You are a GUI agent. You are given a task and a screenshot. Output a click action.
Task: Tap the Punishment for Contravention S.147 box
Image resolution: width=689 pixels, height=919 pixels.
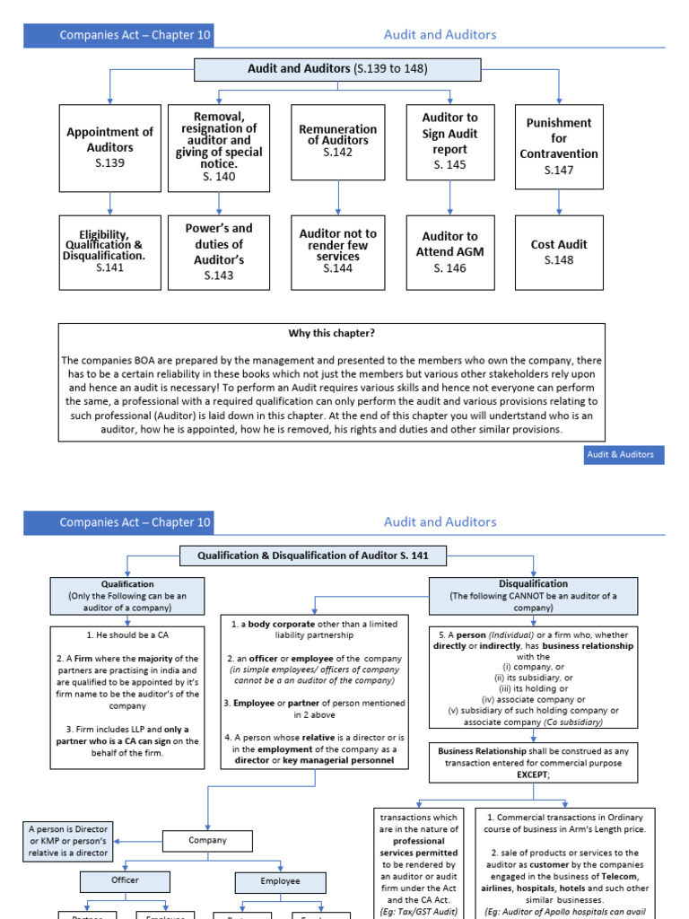[559, 146]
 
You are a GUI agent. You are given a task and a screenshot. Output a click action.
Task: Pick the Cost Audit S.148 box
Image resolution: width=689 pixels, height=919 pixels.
[559, 252]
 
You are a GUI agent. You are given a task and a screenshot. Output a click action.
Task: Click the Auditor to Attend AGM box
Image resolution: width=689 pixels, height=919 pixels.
[449, 252]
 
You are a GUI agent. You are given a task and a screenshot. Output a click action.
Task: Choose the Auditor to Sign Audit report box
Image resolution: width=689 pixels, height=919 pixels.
[449, 141]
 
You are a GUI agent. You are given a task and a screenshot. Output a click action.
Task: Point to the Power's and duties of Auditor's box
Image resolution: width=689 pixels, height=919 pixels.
[219, 252]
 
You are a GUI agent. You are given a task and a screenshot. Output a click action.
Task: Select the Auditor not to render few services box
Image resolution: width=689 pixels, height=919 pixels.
[337, 250]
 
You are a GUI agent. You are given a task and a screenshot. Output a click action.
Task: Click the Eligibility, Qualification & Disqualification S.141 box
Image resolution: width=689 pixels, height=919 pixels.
[109, 252]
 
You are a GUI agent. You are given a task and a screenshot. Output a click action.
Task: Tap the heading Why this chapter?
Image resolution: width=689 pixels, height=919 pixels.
[331, 333]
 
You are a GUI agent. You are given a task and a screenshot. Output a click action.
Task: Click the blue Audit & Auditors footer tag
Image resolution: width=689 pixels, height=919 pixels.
[620, 455]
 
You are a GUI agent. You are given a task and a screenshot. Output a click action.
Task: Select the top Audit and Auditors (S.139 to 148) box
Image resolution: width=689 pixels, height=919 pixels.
[337, 69]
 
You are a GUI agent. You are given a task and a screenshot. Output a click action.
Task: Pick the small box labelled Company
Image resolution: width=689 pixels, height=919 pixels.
[207, 841]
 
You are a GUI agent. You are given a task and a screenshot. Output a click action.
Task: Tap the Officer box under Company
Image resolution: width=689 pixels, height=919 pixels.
[125, 881]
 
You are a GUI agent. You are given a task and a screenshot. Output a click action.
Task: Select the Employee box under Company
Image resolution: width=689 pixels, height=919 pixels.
[280, 881]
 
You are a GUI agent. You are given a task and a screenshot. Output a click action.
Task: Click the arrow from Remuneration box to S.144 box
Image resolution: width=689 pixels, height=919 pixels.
[337, 197]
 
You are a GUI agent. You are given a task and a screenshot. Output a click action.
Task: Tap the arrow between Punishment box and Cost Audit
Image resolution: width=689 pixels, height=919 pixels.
[559, 202]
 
